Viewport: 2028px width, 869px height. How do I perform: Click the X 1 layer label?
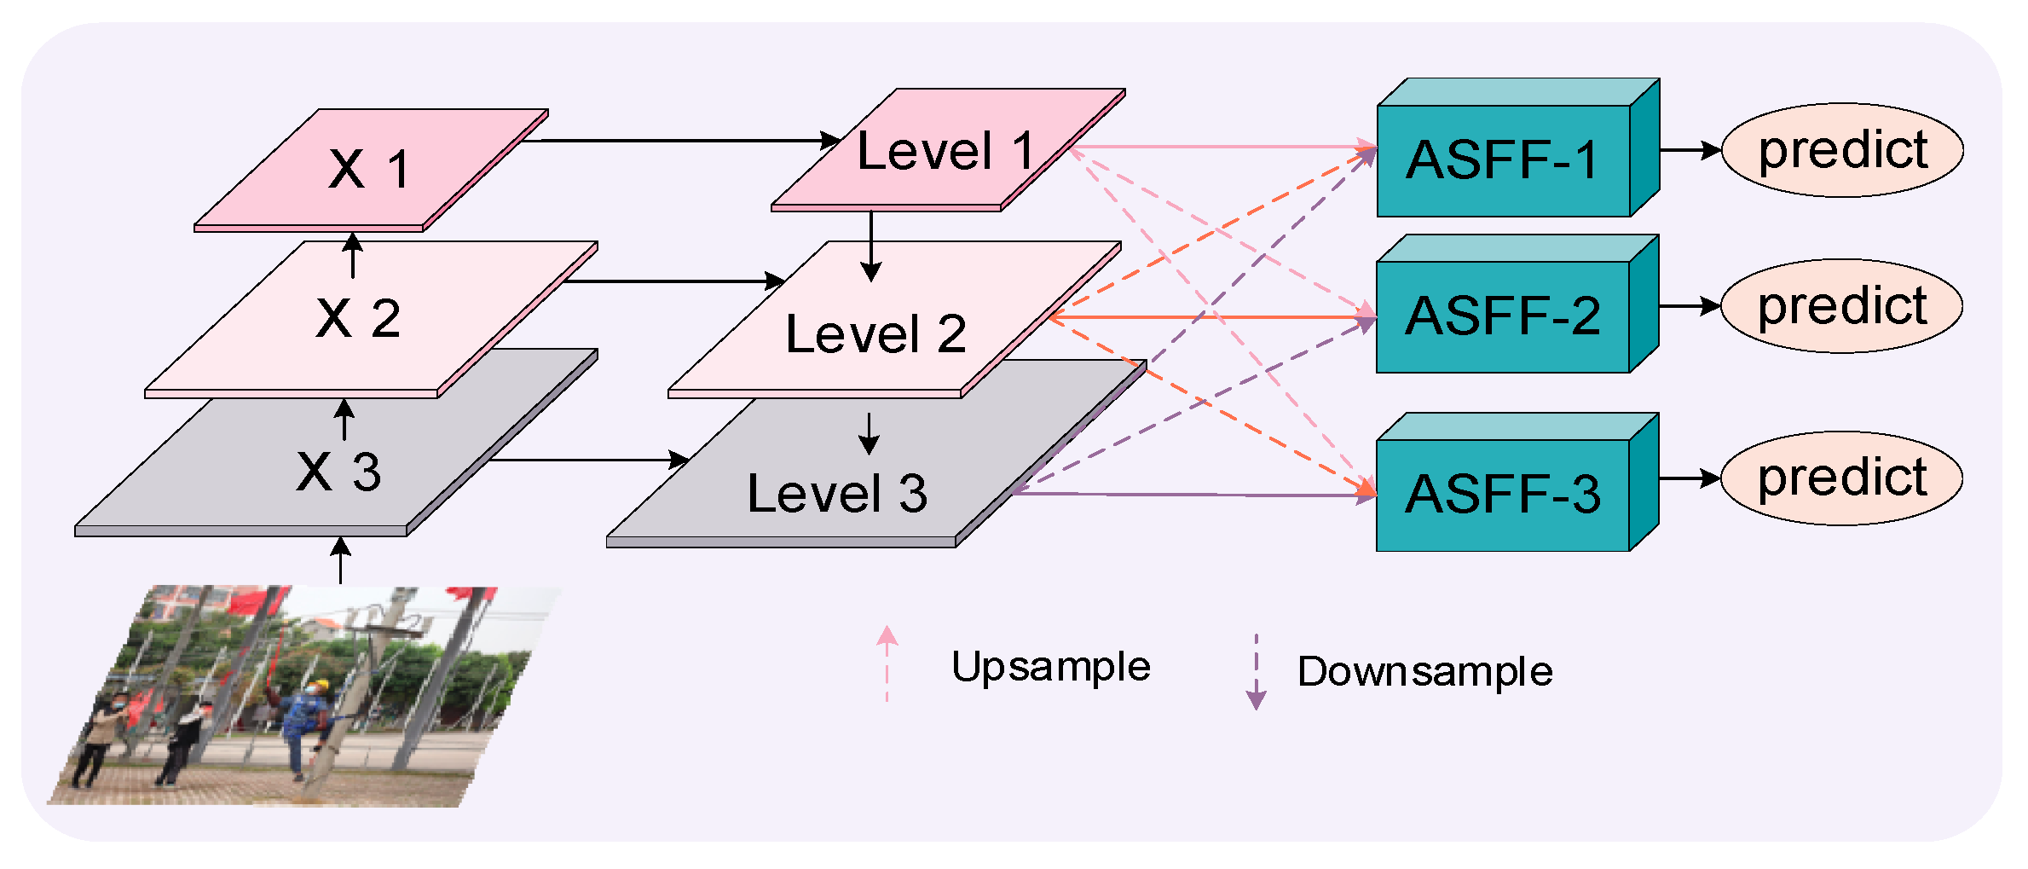(369, 169)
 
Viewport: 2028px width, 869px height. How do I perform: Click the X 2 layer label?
(358, 318)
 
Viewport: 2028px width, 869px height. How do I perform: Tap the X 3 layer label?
(338, 471)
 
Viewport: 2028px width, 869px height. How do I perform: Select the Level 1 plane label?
(945, 151)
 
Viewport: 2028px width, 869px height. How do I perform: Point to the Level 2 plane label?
(875, 333)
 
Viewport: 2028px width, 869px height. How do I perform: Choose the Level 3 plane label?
(837, 493)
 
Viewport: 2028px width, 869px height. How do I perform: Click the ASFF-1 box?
(1503, 160)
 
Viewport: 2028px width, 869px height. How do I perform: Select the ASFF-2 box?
(1503, 316)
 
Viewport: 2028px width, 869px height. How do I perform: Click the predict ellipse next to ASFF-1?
(1842, 150)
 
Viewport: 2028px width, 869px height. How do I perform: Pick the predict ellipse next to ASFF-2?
(1841, 306)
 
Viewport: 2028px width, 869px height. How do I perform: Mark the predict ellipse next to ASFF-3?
(1841, 478)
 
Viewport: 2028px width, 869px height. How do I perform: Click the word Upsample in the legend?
(1050, 667)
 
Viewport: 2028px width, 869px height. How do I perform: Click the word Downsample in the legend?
(1424, 672)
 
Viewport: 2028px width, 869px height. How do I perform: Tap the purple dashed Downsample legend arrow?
(1256, 672)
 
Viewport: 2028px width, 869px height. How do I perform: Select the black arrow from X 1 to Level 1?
(682, 140)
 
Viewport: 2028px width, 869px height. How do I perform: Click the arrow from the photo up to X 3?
(341, 560)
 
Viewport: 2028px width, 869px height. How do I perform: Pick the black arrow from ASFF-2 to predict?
(1689, 306)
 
